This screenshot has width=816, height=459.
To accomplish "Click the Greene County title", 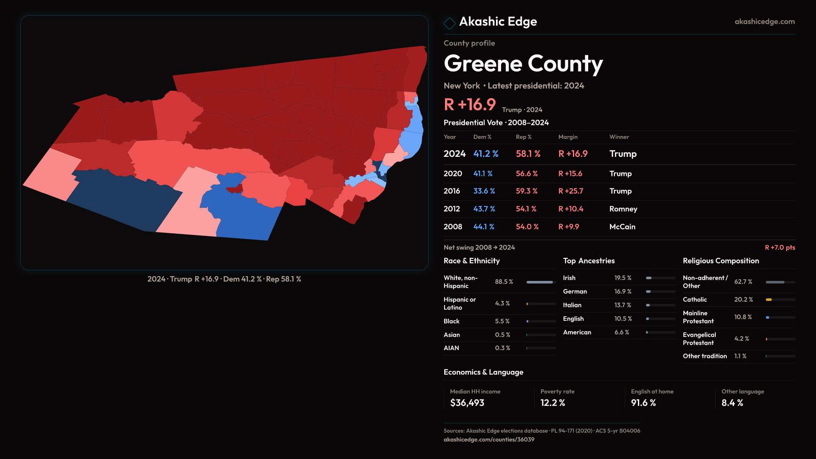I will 523,64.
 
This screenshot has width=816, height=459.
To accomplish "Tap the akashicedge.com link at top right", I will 764,22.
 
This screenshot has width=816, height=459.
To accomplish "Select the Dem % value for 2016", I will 484,191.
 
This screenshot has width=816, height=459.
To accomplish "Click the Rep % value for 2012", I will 526,209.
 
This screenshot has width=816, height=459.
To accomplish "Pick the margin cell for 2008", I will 569,227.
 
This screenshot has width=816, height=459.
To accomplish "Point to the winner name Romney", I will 623,209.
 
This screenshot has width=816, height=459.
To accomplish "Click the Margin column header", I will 568,137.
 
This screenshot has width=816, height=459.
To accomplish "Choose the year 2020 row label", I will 453,174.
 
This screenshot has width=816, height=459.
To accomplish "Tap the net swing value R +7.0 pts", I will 780,247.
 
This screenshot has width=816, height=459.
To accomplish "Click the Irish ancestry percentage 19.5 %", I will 623,278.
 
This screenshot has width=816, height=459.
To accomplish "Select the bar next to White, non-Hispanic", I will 540,282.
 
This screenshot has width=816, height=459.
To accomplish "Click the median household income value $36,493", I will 467,403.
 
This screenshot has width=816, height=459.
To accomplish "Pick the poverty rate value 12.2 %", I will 552,403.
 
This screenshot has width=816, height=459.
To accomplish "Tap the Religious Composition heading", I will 721,261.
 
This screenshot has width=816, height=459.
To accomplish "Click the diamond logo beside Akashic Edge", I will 449,23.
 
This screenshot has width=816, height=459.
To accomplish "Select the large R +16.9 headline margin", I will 470,105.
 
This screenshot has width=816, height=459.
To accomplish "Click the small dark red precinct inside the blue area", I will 235,188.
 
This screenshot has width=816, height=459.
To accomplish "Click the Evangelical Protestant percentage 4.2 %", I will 742,339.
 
